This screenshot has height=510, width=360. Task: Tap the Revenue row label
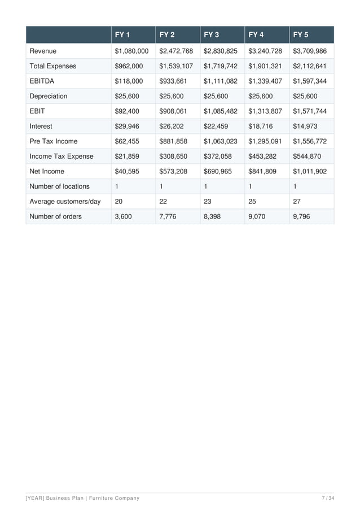(43, 51)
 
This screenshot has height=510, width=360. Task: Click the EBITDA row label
(43, 81)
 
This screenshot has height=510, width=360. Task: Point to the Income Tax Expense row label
(62, 156)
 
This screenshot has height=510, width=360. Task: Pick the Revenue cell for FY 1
(131, 51)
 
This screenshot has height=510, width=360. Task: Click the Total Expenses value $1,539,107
(176, 66)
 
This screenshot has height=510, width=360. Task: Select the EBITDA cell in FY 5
(310, 81)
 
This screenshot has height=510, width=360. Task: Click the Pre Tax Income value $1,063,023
(221, 141)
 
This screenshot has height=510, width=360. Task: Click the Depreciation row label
(49, 96)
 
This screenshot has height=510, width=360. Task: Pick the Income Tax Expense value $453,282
(262, 156)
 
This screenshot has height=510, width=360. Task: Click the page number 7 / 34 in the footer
(328, 498)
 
